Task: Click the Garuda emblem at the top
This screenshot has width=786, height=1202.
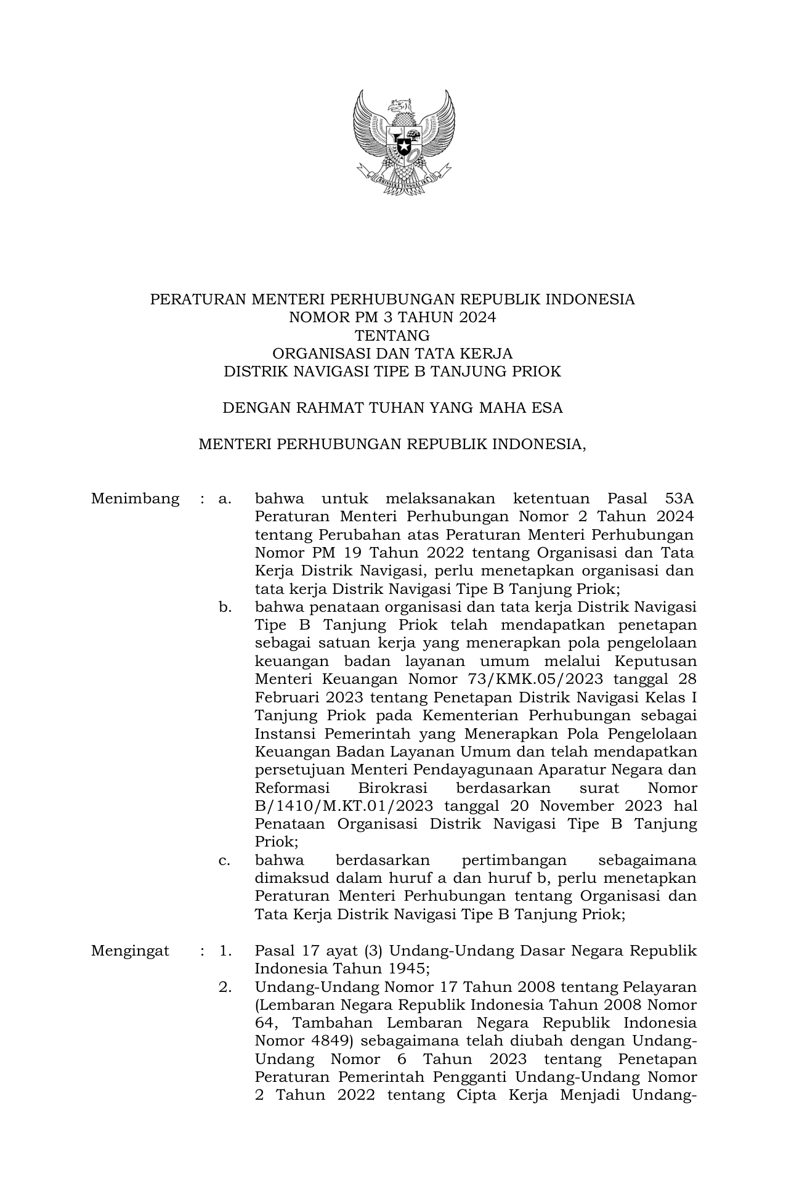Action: (x=403, y=142)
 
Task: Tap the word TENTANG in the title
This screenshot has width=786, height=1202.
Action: (x=392, y=336)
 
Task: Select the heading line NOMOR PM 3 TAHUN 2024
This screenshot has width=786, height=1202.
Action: (x=392, y=318)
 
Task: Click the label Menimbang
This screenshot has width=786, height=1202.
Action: (x=135, y=498)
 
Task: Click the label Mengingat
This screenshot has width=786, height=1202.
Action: (x=130, y=951)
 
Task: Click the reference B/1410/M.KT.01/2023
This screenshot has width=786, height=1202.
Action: (x=344, y=806)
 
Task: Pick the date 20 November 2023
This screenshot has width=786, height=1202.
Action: (x=583, y=806)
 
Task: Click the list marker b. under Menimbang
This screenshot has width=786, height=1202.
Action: (x=225, y=607)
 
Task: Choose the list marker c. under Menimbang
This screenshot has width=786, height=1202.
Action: (x=225, y=861)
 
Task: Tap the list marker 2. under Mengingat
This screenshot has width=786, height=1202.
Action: (x=225, y=987)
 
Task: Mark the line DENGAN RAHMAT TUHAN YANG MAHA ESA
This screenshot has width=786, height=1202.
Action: (x=392, y=408)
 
